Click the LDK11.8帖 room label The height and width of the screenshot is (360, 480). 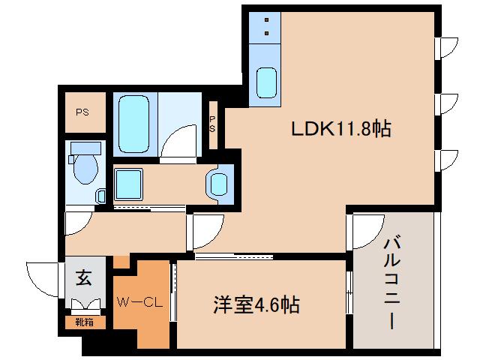coord(340,130)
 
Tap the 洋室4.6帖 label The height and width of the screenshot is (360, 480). coord(256,305)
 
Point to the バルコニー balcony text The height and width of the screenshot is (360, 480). coord(391,283)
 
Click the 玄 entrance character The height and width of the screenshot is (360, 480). coord(84,278)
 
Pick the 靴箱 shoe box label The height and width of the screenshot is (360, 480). coord(84,322)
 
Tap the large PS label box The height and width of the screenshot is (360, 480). coord(82,112)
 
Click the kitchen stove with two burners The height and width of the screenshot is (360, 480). coord(265,26)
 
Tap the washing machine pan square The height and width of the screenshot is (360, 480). coord(129,182)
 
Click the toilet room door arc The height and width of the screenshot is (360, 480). coord(79,222)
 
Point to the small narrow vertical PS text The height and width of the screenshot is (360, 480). coord(212,122)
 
